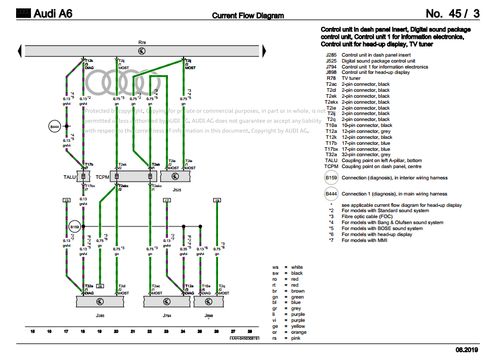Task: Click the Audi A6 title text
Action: tap(52, 14)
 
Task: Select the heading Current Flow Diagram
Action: tap(248, 15)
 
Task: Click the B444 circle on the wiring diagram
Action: tap(55, 126)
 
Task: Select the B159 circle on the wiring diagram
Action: tap(74, 227)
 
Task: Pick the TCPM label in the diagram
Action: tap(102, 177)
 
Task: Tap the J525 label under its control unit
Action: tap(177, 189)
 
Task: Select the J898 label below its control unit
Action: tap(209, 314)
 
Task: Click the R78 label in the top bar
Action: tap(141, 43)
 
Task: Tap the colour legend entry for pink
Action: tap(295, 339)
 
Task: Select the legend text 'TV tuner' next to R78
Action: tap(351, 78)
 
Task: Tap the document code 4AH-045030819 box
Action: tap(245, 338)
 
